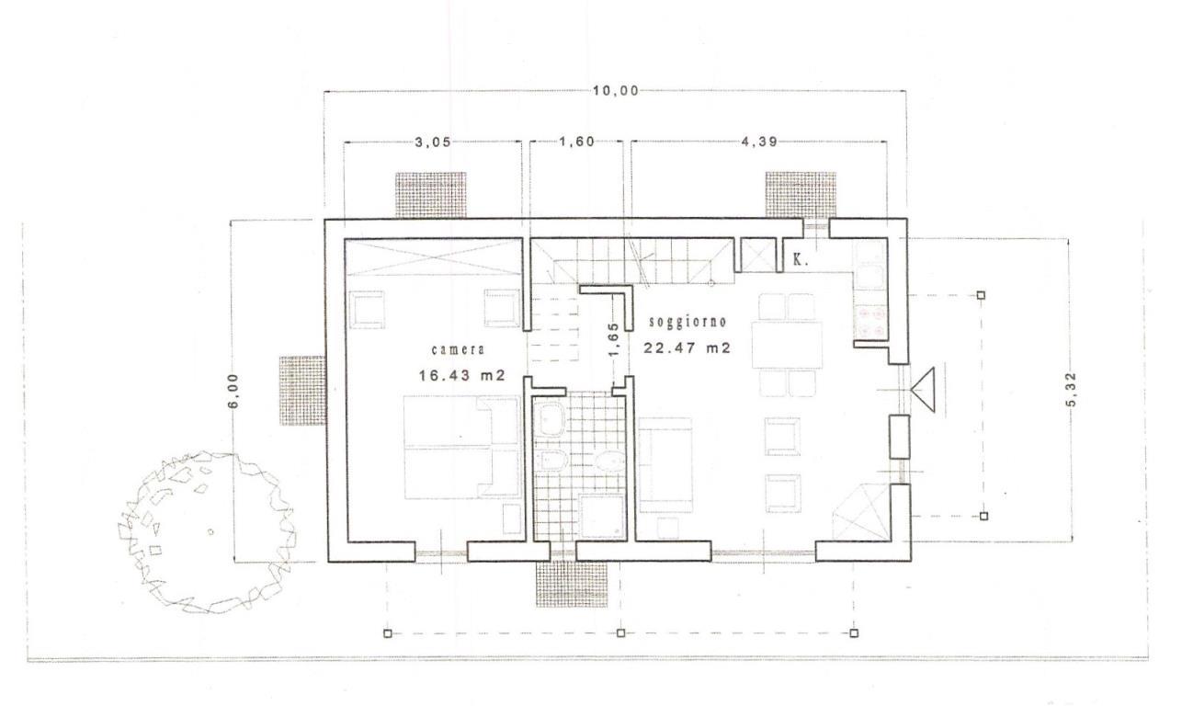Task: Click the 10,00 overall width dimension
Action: pos(615,91)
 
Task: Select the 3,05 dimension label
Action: pos(433,142)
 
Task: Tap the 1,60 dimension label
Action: pos(576,142)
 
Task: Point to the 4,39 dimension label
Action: pos(759,142)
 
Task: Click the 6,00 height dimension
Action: pos(233,391)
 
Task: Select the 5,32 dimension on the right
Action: pos(1071,390)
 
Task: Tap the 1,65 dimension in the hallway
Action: pos(613,340)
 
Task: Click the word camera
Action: pos(458,350)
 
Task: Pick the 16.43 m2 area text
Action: pos(462,375)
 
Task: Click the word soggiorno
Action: pos(688,322)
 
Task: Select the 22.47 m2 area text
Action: pos(687,347)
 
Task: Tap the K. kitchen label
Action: pos(801,259)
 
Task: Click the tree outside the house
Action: pos(206,532)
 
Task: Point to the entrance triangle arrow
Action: pos(923,390)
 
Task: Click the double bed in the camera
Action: pos(461,448)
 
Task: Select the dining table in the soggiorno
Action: pos(787,345)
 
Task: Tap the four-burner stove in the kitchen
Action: pos(870,322)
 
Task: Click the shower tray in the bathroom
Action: pos(603,517)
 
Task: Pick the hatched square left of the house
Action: pos(301,391)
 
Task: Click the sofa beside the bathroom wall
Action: pos(665,465)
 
